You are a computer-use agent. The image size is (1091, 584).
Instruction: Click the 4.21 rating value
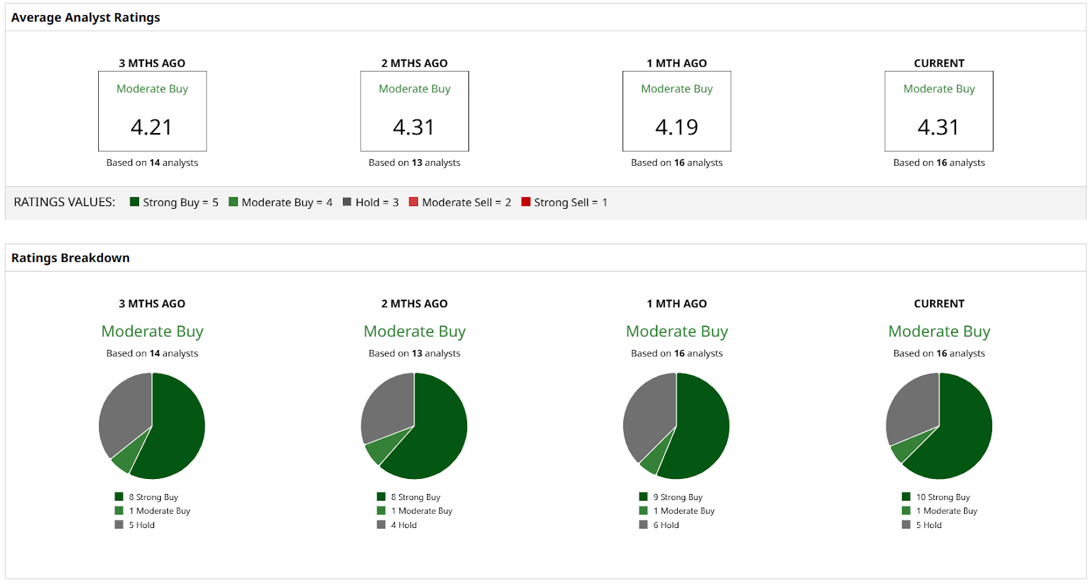coord(151,128)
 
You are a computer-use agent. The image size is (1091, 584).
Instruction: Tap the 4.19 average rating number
coord(676,128)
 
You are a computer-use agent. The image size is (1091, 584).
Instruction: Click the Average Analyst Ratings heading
coord(86,18)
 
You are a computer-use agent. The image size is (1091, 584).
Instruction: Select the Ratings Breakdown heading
coord(70,258)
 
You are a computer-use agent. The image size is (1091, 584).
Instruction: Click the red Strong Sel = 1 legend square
coord(526,202)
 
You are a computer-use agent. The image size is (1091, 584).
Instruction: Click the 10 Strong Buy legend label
coord(942,497)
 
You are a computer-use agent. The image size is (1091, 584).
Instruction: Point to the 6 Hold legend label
coord(666,525)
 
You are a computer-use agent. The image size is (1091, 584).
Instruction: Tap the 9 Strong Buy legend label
coord(677,497)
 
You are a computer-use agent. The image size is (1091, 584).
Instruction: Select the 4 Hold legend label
coord(404,525)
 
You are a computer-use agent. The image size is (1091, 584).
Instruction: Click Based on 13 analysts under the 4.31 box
coord(415,163)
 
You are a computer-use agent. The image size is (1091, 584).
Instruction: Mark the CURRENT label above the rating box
coord(939,63)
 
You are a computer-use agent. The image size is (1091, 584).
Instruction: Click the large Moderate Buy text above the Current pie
coord(939,332)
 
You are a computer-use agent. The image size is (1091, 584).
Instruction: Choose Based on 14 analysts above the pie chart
coord(152,353)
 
